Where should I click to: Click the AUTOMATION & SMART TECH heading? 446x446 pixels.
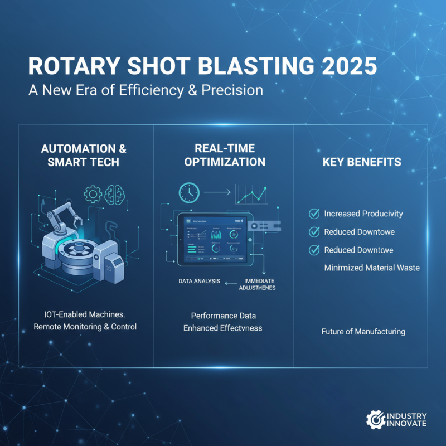[84, 156]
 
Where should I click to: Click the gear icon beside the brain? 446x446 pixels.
[92, 193]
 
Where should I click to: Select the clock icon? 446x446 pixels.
[189, 192]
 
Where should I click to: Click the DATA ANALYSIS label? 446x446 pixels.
[199, 281]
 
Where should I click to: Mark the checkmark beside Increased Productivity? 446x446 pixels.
[314, 213]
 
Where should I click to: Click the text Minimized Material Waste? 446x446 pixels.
[372, 268]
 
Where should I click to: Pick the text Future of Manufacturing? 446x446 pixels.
[363, 332]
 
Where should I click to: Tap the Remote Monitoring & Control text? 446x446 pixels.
[85, 327]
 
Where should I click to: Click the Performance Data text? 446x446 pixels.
[222, 316]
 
